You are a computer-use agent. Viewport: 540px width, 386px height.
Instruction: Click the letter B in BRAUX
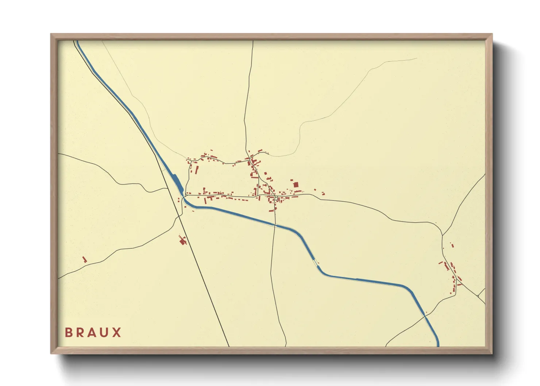68,332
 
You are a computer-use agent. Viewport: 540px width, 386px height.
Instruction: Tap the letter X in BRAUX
117,332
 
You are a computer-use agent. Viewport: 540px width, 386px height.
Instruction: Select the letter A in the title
92,332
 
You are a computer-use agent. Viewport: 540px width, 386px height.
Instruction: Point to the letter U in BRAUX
104,332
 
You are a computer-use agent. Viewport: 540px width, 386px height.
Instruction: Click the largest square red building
296,185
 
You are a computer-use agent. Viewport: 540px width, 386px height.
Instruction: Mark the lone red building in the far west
85,259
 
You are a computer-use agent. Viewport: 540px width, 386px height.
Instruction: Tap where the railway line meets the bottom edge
229,346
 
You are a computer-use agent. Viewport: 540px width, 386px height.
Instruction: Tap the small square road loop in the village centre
276,198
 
